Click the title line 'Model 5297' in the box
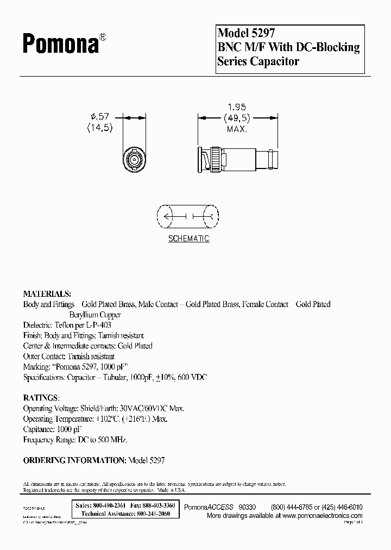[x=242, y=34]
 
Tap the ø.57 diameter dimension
[x=100, y=115]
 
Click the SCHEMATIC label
[x=188, y=239]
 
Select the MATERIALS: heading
[x=47, y=293]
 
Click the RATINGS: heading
[x=42, y=397]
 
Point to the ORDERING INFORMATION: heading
[x=74, y=460]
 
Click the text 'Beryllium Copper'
[x=95, y=315]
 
